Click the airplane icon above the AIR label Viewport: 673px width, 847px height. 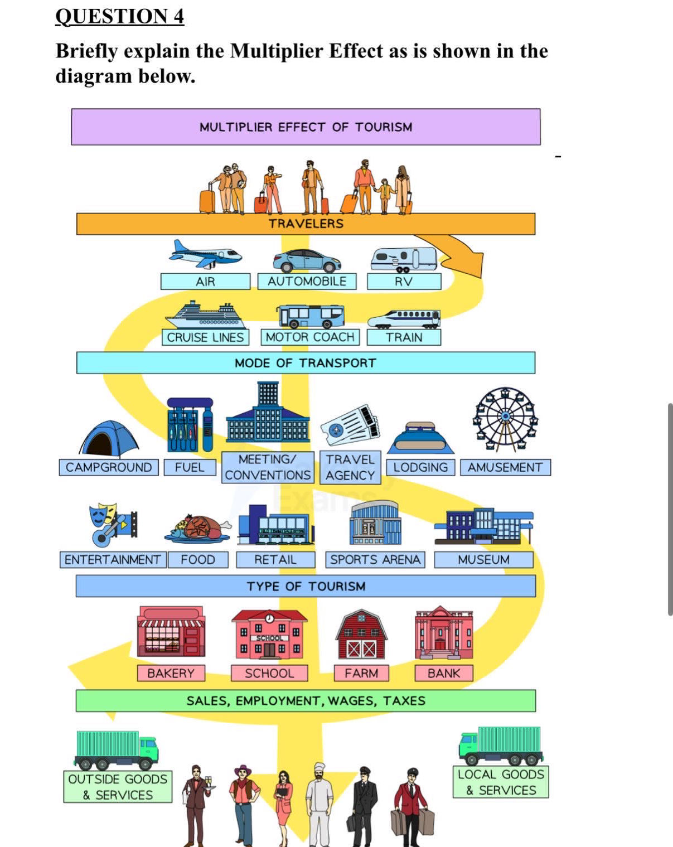pos(205,254)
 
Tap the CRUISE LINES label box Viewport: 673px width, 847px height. pos(205,337)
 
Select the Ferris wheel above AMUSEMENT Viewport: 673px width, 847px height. pos(505,419)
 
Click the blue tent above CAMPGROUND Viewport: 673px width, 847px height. pos(109,438)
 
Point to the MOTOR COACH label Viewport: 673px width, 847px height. pos(310,337)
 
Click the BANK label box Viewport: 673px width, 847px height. pos(444,673)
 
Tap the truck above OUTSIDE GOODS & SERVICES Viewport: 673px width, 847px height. pos(116,750)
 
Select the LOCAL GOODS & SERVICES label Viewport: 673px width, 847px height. pos(501,782)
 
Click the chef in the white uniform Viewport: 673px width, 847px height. pos(319,805)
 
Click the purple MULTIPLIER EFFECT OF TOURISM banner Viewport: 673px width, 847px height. pos(306,127)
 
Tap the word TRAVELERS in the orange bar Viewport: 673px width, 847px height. pos(306,224)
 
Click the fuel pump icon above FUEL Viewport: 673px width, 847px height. pos(190,424)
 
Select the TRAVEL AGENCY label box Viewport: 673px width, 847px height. pos(350,467)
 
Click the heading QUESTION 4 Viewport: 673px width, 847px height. pos(120,17)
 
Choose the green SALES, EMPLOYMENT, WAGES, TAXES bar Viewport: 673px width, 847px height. pos(306,700)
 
